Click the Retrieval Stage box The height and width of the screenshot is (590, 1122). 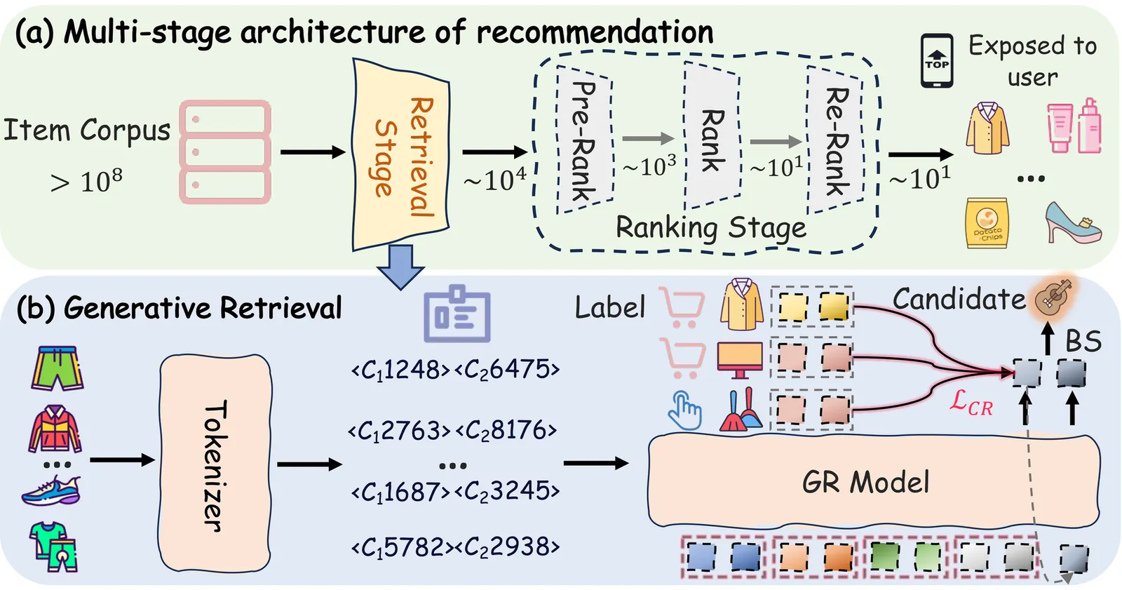pos(400,154)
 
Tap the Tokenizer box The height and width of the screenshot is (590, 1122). pos(215,464)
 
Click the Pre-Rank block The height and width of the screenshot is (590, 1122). pos(584,140)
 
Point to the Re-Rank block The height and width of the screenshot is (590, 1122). pos(834,140)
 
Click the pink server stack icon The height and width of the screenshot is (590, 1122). pos(225,152)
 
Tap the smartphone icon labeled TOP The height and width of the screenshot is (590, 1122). pos(936,61)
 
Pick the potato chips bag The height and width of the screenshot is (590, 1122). pos(987,223)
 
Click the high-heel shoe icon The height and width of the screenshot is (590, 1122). pos(1072,222)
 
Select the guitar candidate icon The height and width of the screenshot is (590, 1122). pos(1053,295)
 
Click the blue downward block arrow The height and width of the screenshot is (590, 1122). pos(400,267)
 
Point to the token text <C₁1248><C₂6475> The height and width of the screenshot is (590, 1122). pos(455,369)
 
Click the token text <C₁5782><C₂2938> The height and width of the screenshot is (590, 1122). pos(455,547)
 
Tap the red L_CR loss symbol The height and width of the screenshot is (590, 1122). pos(971,403)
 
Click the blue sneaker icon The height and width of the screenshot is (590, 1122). pos(51,490)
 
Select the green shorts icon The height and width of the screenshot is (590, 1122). pos(57,368)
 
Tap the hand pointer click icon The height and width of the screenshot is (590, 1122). pos(684,410)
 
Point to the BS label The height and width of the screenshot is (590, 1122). pos(1083,342)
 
